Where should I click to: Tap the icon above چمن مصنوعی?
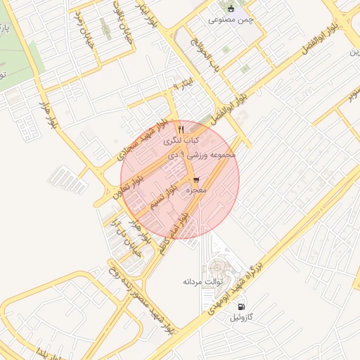click(x=231, y=8)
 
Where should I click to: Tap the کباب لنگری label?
click(x=181, y=141)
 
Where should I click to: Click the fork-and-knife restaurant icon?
click(x=181, y=129)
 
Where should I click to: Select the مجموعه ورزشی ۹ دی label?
click(x=208, y=154)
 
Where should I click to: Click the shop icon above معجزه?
click(x=195, y=179)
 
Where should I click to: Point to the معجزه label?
click(x=195, y=191)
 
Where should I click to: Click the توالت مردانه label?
click(x=202, y=282)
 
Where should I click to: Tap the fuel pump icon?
click(x=241, y=307)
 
